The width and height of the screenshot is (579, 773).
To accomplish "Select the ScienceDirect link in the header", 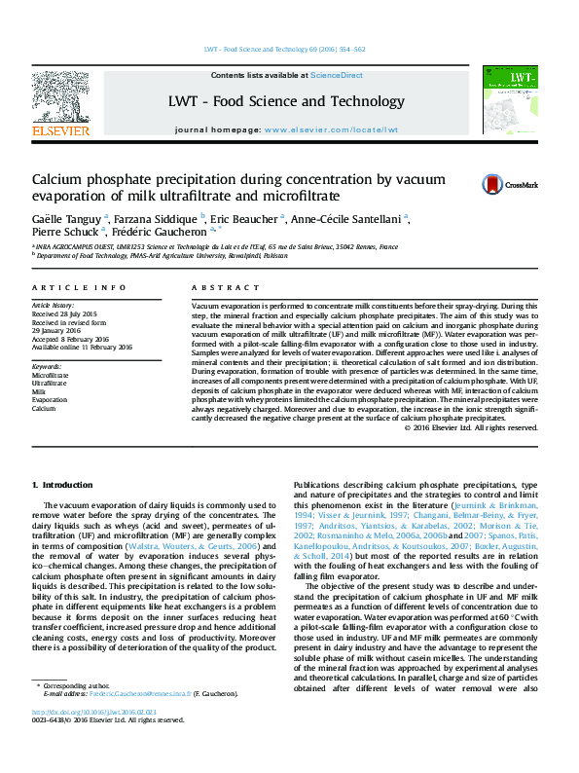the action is pos(337,75).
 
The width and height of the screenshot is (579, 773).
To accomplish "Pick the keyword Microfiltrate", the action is pos(51,374).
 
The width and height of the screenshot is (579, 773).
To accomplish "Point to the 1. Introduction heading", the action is pos(63,484).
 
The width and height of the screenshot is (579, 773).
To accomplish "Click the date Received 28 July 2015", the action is pos(65,314).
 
